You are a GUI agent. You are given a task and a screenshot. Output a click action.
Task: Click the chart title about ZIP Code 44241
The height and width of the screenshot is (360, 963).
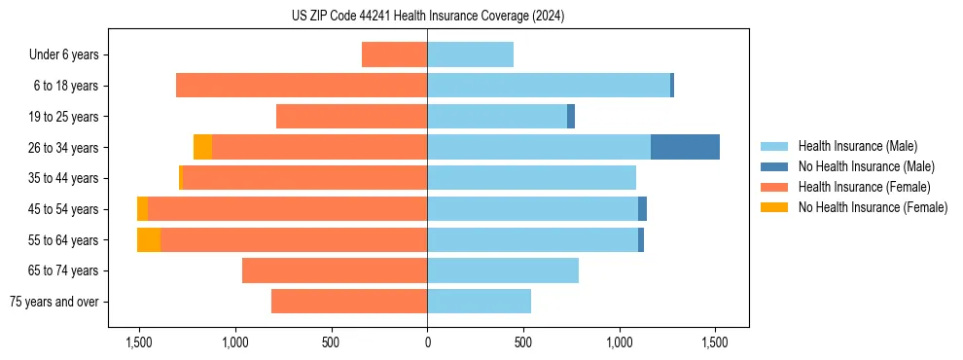coord(427,16)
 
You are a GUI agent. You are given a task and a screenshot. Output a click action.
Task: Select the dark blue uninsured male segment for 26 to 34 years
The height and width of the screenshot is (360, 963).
coord(685,147)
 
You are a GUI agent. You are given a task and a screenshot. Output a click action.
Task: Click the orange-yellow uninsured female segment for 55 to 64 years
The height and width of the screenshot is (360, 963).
coord(149,239)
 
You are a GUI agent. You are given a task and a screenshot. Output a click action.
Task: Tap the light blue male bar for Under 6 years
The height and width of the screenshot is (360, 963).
coord(470,54)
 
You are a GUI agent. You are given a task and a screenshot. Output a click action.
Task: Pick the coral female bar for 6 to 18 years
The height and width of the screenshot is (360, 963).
coord(302,86)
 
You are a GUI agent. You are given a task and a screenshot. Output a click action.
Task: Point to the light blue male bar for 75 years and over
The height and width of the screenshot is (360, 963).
coord(479,302)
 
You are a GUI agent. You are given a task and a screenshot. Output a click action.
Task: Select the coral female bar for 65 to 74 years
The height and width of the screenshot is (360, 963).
coord(335,270)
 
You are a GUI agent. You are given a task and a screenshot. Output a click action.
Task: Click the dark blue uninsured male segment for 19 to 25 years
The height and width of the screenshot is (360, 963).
coord(571,117)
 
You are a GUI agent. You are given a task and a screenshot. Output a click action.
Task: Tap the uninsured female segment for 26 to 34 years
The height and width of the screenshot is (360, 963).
coord(202,147)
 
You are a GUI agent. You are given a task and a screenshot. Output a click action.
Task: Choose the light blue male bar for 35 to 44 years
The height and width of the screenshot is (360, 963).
coord(531,178)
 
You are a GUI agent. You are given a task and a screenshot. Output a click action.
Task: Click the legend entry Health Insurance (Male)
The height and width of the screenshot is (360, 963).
coord(857,146)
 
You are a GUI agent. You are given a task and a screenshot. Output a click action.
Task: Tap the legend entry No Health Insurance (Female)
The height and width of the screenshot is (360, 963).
coord(873,207)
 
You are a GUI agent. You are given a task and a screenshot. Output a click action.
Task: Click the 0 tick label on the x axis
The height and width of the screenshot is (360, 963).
coord(427,342)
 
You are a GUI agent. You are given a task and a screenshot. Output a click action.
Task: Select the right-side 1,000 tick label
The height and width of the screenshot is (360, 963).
coord(620,342)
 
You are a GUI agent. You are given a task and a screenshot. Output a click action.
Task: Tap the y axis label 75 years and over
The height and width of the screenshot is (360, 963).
coord(53,302)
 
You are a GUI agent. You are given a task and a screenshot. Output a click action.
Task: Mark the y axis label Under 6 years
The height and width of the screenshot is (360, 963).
coord(64,55)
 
